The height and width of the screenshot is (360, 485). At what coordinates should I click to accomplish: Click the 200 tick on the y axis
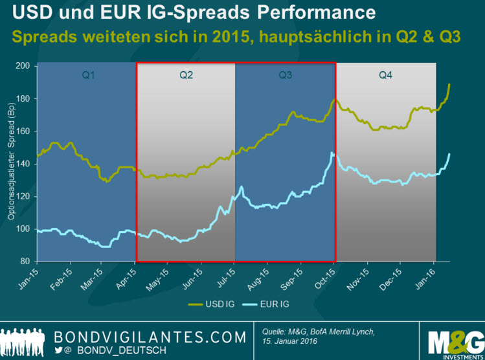pos(24,66)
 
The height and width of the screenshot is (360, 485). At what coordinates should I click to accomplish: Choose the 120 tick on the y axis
pos(24,196)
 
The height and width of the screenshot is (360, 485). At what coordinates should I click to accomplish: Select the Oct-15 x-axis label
pos(326,275)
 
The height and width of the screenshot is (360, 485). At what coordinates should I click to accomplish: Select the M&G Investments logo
pos(455,339)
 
